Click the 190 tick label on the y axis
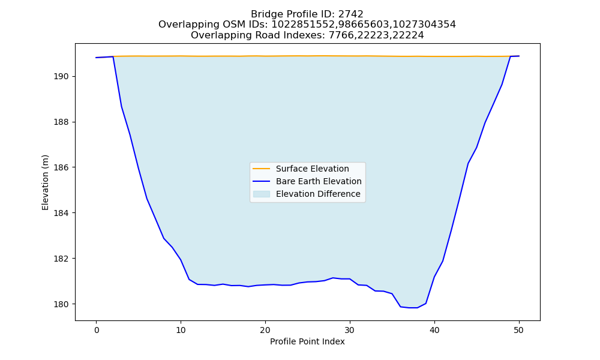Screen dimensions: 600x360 pyautogui.click(x=61, y=77)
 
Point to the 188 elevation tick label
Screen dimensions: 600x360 pyautogui.click(x=61, y=122)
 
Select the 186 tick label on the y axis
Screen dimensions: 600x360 pyautogui.click(x=61, y=167)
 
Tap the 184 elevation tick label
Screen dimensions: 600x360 pyautogui.click(x=61, y=213)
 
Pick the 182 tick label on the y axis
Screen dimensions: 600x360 pyautogui.click(x=61, y=259)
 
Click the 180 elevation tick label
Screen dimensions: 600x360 pyautogui.click(x=61, y=304)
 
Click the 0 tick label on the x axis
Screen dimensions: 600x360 pyautogui.click(x=97, y=330)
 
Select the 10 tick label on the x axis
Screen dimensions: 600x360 pyautogui.click(x=181, y=330)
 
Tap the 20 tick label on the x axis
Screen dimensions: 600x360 pyautogui.click(x=265, y=330)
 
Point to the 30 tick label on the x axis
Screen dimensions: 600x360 pyautogui.click(x=350, y=330)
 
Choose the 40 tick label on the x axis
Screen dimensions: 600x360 pyautogui.click(x=434, y=330)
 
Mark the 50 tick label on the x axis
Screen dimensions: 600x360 pyautogui.click(x=518, y=330)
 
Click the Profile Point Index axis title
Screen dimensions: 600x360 pyautogui.click(x=307, y=341)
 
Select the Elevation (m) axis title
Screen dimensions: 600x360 pyautogui.click(x=45, y=182)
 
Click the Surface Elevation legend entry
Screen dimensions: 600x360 pyautogui.click(x=301, y=169)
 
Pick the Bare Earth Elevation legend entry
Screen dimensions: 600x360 pyautogui.click(x=307, y=181)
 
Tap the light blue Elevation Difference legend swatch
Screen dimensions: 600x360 pyautogui.click(x=262, y=194)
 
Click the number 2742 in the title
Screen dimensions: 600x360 pyautogui.click(x=350, y=14)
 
